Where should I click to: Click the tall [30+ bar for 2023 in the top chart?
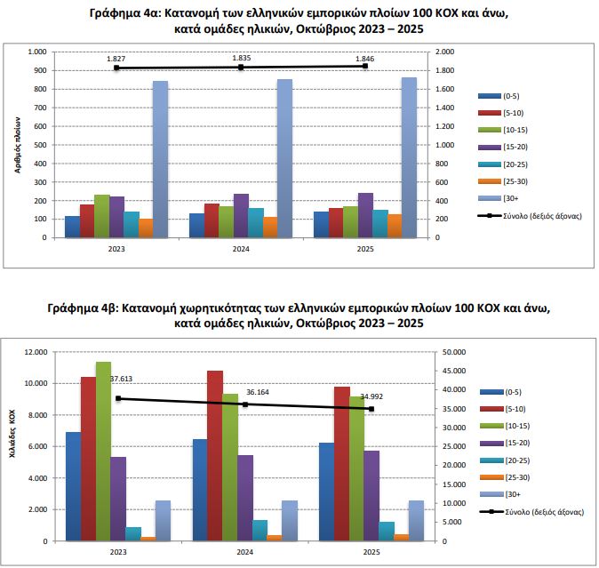[x=160, y=160]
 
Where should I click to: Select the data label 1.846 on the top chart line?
[x=364, y=58]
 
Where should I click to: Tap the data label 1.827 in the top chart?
[x=116, y=59]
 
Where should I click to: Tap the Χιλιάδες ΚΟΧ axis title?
[x=13, y=433]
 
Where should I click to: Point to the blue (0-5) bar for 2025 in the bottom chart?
[x=327, y=492]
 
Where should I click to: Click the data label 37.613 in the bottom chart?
[x=122, y=379]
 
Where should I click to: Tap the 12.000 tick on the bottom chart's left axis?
[x=35, y=352]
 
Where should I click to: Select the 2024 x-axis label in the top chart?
[x=241, y=250]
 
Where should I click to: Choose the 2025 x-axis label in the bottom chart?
[x=368, y=552]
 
